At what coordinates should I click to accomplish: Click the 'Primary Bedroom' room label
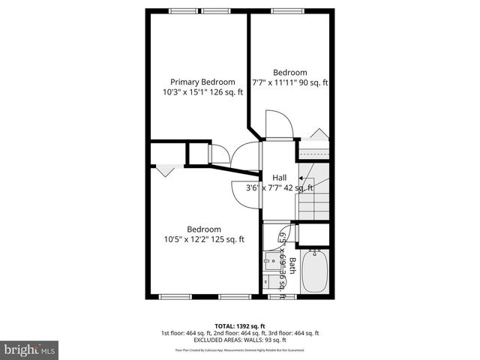pyautogui.click(x=202, y=82)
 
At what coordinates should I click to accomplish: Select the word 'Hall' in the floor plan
pyautogui.click(x=279, y=177)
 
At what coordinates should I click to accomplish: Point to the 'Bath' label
pyautogui.click(x=292, y=266)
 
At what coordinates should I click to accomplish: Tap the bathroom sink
pyautogui.click(x=270, y=264)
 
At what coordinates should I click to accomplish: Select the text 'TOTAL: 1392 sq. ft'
pyautogui.click(x=239, y=325)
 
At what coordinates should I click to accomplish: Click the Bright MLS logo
pyautogui.click(x=30, y=349)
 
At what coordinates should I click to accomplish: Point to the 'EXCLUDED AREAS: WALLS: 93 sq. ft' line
pyautogui.click(x=239, y=340)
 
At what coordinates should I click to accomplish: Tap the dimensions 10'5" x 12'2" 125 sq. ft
pyautogui.click(x=204, y=240)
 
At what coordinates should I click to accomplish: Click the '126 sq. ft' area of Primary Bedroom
pyautogui.click(x=229, y=93)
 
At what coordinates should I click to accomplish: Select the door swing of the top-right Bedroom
pyautogui.click(x=275, y=125)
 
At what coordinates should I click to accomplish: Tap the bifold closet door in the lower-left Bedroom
pyautogui.click(x=165, y=170)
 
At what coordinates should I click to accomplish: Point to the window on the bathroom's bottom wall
pyautogui.click(x=277, y=297)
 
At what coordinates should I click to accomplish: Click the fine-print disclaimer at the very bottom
pyautogui.click(x=239, y=349)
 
